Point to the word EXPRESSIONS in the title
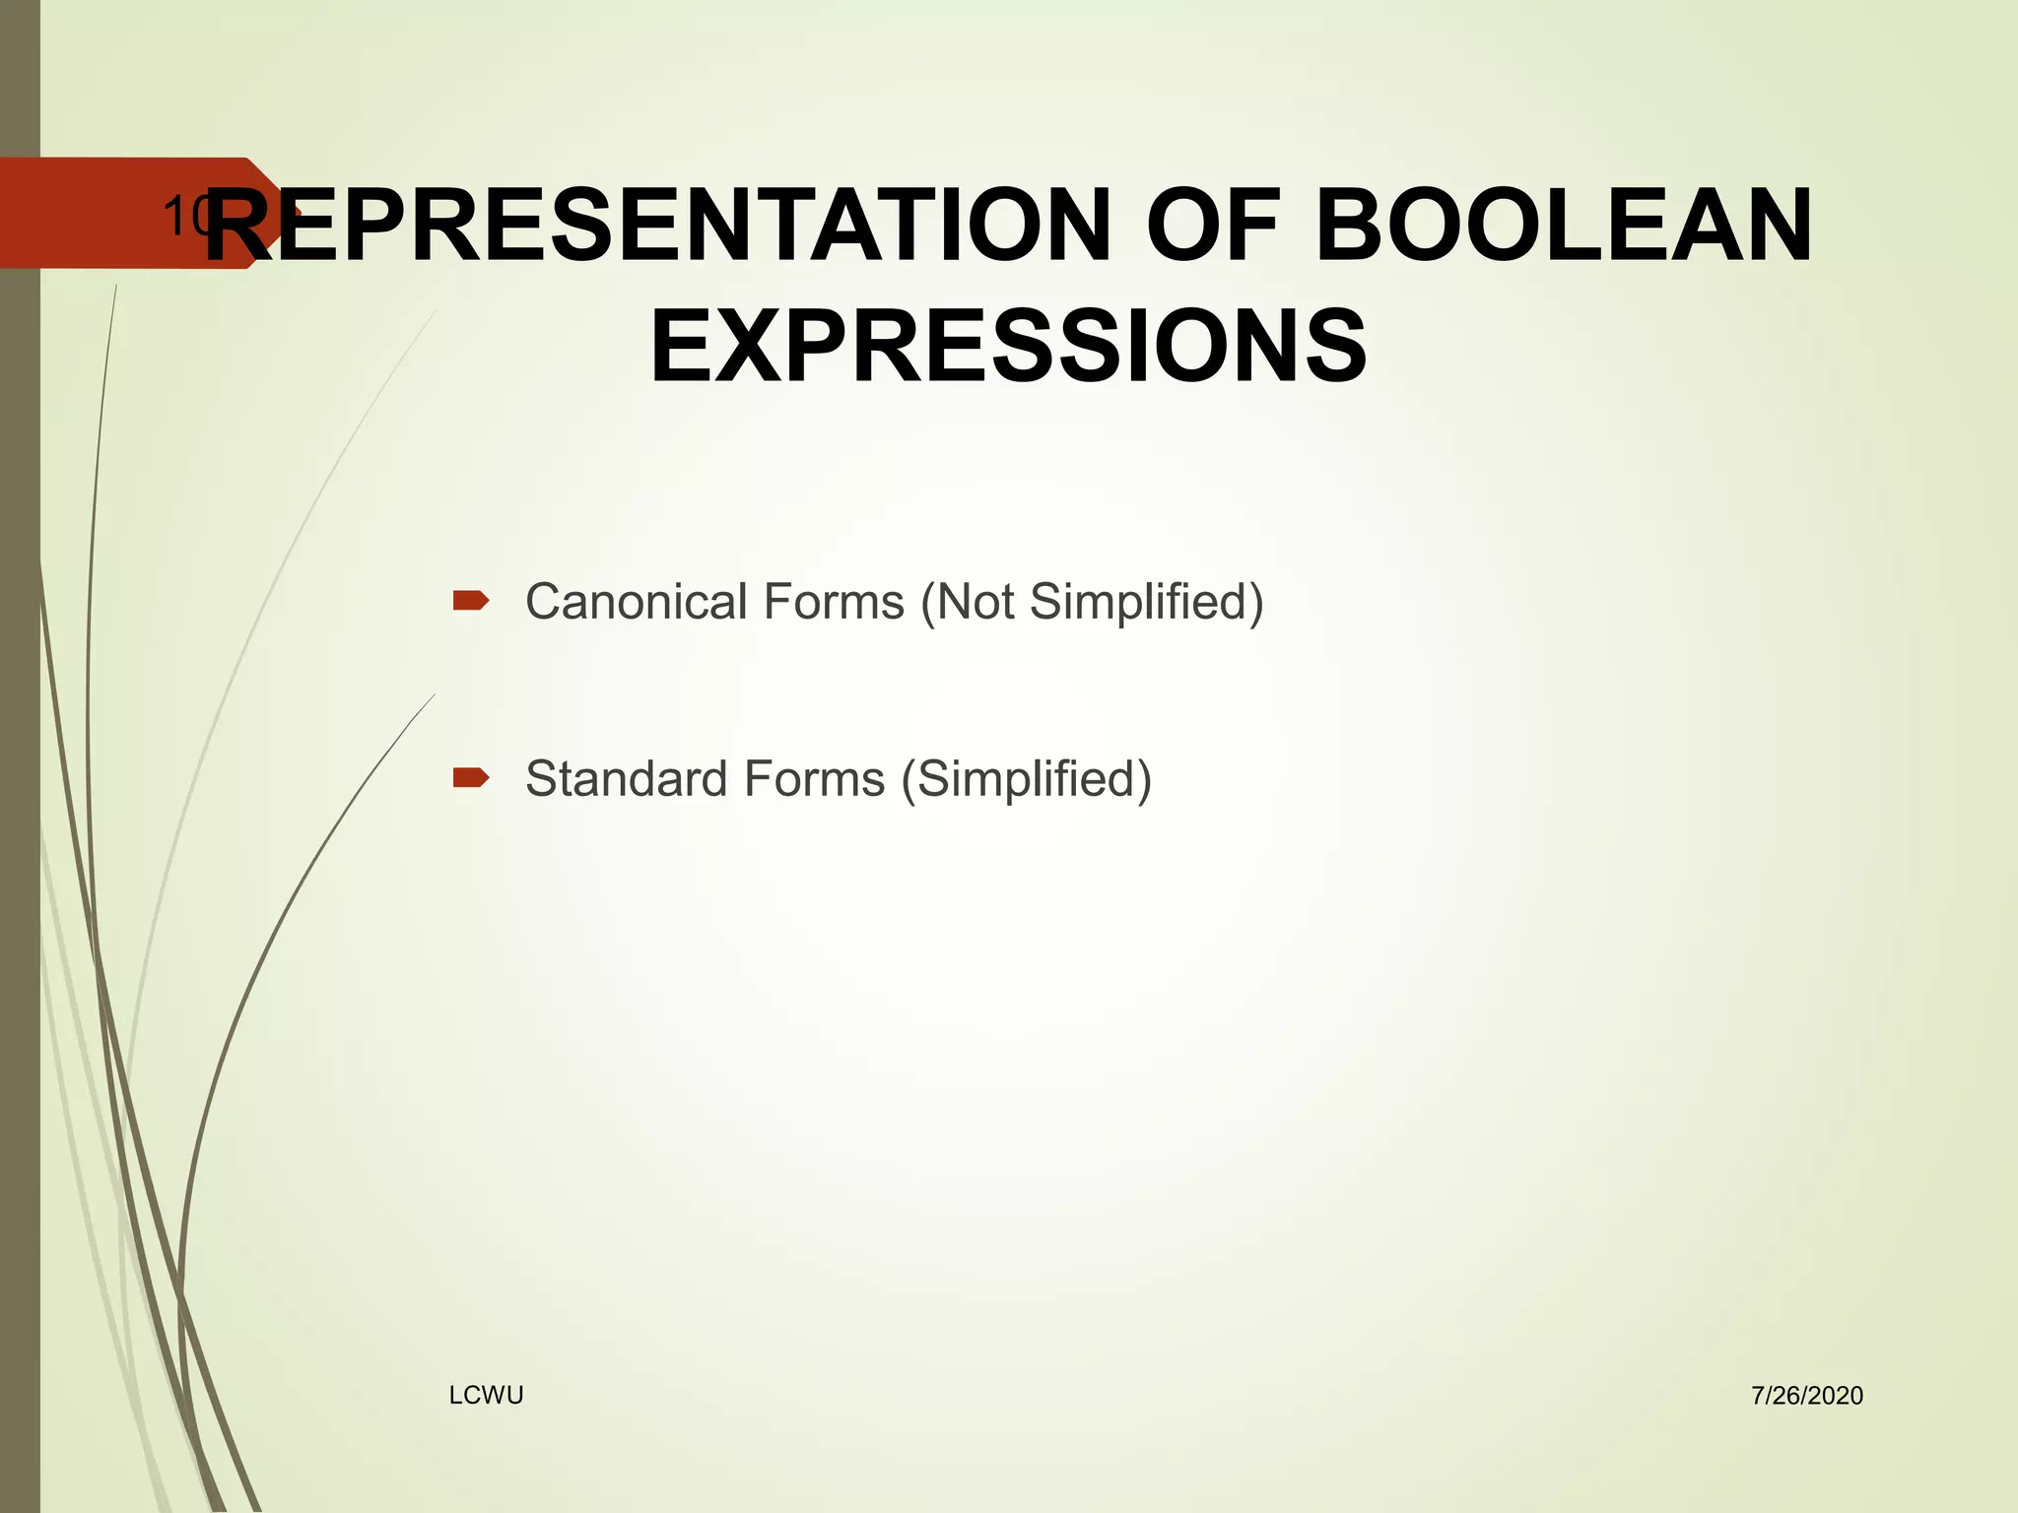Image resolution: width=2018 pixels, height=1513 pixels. click(1008, 346)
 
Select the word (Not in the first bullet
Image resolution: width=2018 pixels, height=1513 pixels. click(968, 602)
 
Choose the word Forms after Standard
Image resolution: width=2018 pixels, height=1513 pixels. click(814, 779)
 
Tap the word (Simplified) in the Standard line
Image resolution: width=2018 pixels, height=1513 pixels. click(1027, 779)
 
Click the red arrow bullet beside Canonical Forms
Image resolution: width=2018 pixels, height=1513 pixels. click(471, 600)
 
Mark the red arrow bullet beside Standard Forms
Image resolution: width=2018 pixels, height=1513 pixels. click(471, 778)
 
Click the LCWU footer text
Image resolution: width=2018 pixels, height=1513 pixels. click(486, 1395)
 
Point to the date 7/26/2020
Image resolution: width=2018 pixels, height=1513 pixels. click(1807, 1396)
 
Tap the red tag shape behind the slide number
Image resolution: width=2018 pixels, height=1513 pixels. click(89, 213)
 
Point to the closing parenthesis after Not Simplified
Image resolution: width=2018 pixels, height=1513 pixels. click(1256, 602)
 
